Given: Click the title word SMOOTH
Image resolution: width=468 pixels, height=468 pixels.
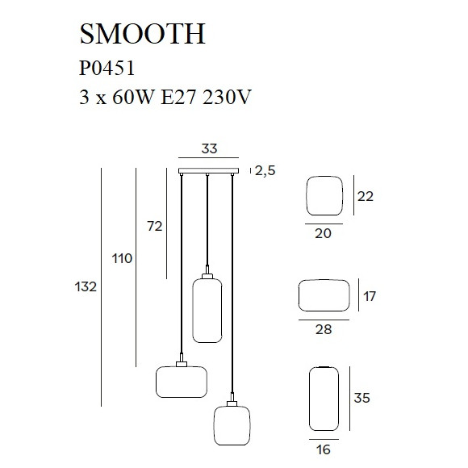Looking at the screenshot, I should (x=142, y=34).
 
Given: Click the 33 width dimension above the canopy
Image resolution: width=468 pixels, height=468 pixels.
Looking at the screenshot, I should (x=209, y=148).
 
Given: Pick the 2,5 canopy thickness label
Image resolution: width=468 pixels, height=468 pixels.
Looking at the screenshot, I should (x=265, y=170).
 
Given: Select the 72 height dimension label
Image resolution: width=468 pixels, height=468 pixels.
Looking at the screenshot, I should (x=154, y=227).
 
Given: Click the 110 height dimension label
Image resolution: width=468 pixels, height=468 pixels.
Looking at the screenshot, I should (x=122, y=259).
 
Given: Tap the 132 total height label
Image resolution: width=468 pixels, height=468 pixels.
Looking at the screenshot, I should (x=86, y=286).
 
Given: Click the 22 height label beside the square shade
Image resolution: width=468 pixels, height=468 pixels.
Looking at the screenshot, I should (x=366, y=196).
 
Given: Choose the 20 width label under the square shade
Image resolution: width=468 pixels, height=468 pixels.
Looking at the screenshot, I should (x=323, y=233).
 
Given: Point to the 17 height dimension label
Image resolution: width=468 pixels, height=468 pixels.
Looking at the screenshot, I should (x=370, y=296).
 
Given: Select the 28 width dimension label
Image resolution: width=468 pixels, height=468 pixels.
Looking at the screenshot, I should (x=323, y=329).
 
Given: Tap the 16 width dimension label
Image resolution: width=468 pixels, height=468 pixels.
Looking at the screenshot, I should (x=323, y=449).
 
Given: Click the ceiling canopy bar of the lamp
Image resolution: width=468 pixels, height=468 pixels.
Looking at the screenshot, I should (x=209, y=170).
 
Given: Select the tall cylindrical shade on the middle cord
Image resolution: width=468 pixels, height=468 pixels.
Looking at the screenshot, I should (x=207, y=308).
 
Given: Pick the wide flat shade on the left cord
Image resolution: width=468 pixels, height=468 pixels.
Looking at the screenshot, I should (x=181, y=382).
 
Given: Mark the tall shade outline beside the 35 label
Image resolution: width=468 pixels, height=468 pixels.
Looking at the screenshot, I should (x=323, y=399).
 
